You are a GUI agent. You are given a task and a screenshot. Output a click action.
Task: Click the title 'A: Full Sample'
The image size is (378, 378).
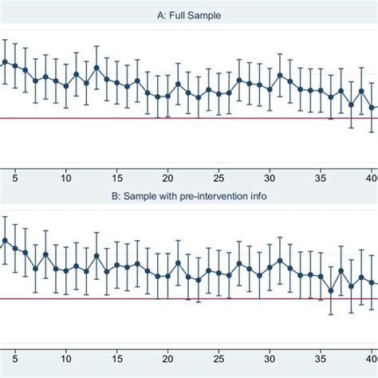[189, 14]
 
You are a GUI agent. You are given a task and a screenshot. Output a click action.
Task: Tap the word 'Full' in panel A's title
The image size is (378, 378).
[184, 14]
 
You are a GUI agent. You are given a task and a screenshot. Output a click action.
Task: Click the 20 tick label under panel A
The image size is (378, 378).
[167, 179]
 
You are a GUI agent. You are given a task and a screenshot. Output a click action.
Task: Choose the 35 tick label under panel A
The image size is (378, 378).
[321, 179]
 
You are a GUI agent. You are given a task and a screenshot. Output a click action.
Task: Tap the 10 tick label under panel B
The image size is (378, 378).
[65, 360]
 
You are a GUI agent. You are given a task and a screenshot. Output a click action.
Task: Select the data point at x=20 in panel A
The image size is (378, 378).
[167, 96]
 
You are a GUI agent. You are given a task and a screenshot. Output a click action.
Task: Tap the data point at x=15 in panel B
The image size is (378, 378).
[116, 266]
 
